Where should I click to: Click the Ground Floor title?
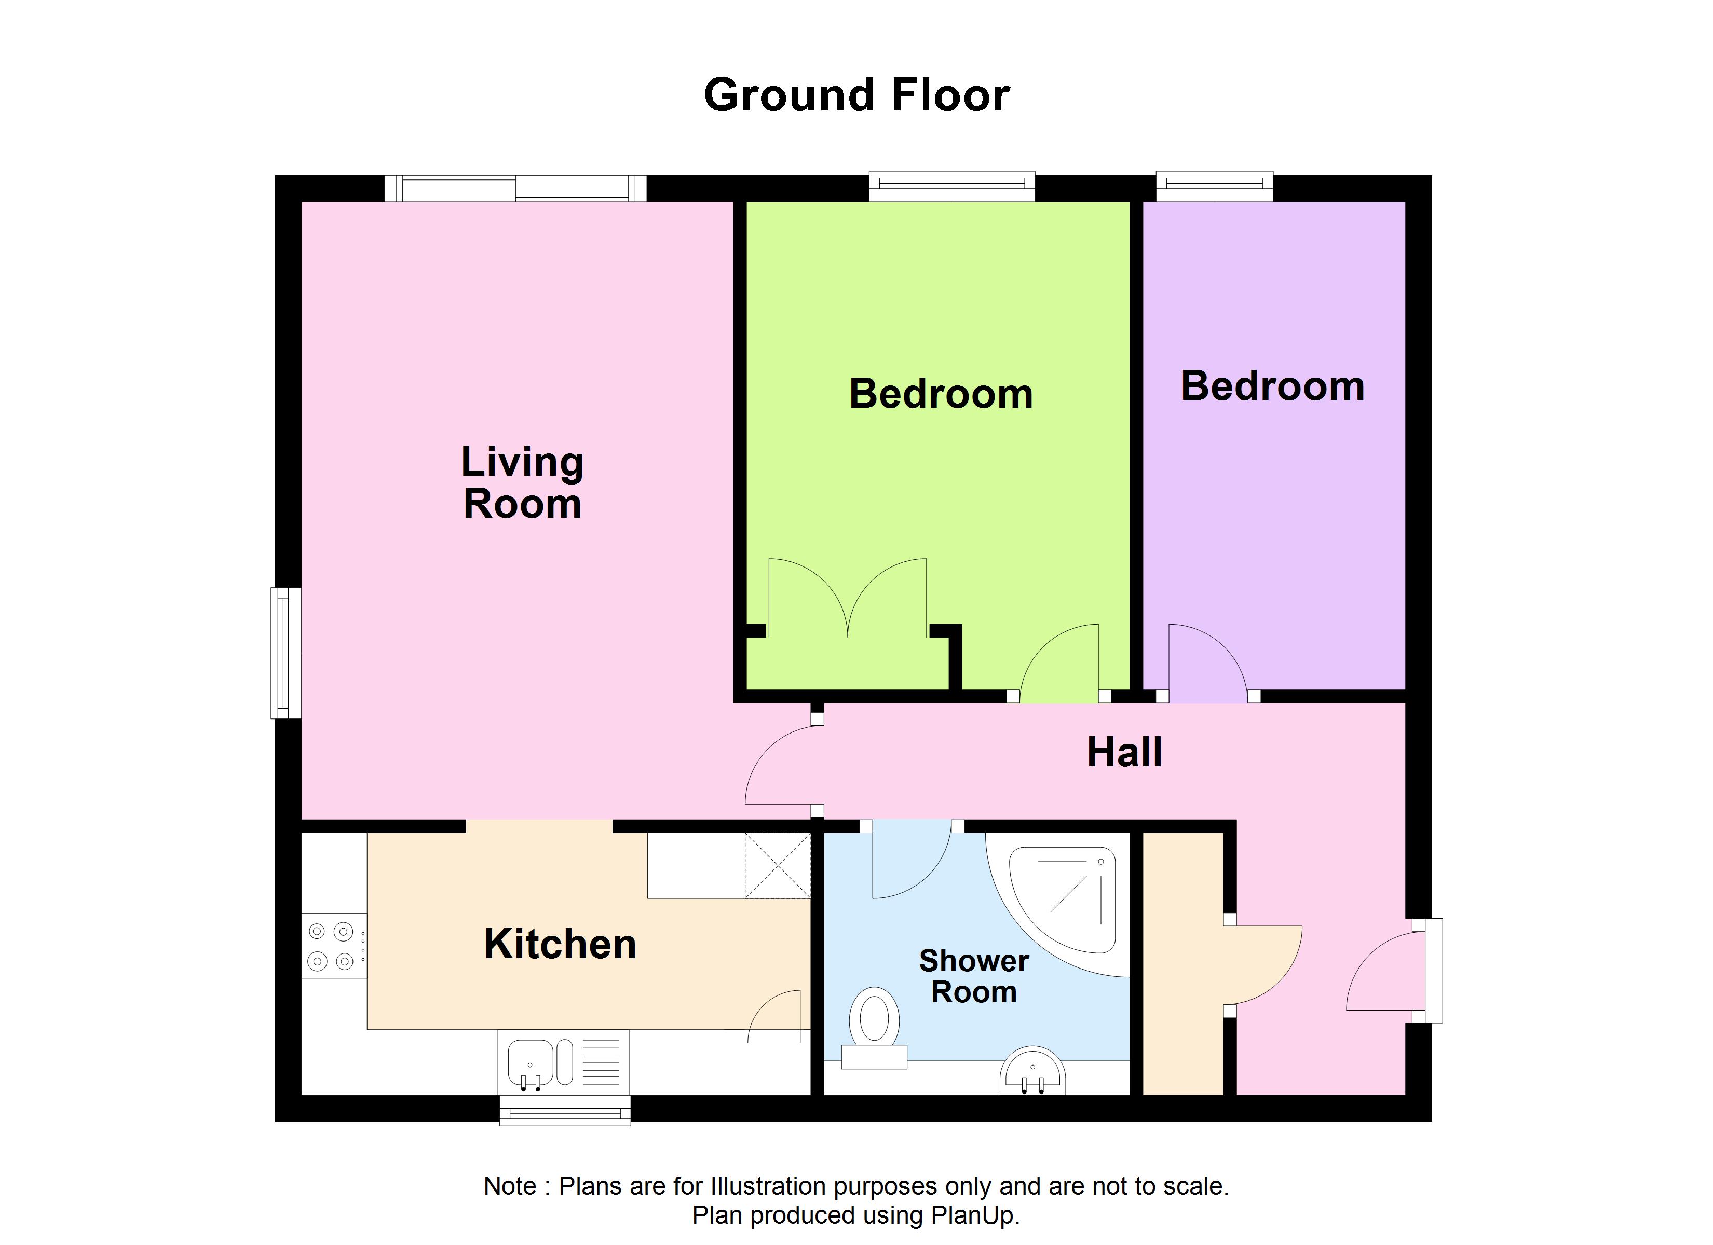pyautogui.click(x=856, y=96)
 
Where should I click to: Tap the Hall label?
pyautogui.click(x=1124, y=753)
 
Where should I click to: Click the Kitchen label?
pyautogui.click(x=560, y=945)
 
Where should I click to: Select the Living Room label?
pyautogui.click(x=522, y=482)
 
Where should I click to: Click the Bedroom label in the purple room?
pyautogui.click(x=1273, y=386)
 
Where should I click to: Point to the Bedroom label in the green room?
pyautogui.click(x=941, y=394)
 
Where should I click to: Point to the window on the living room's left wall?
pyautogui.click(x=285, y=653)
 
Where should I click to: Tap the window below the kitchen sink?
pyautogui.click(x=565, y=1111)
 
